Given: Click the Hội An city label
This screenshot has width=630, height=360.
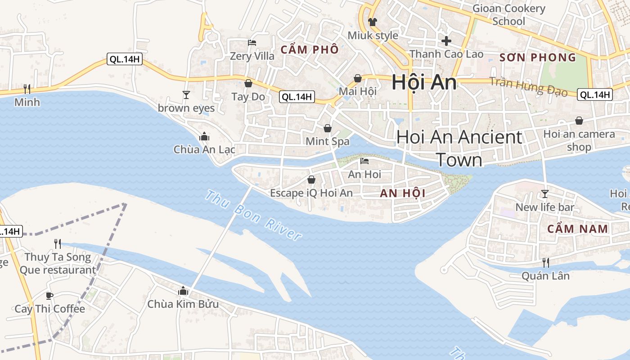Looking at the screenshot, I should click(424, 82).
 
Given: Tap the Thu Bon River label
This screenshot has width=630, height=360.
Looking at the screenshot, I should click(253, 216).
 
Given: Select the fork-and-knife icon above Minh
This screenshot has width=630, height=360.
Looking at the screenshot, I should click(27, 88).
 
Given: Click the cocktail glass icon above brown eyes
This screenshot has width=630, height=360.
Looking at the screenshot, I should click(186, 94).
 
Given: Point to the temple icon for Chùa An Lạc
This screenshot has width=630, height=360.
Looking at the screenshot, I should click(204, 136).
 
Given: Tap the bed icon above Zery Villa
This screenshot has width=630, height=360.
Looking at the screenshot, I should click(252, 43).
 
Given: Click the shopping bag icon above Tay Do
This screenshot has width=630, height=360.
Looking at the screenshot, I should click(248, 83).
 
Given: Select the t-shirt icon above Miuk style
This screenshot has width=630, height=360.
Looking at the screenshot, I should click(373, 22).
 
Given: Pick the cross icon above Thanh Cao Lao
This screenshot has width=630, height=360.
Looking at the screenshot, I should click(446, 41).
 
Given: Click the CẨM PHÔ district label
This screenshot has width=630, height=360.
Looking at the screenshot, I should click(309, 49).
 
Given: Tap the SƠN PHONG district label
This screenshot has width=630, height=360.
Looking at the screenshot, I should click(538, 57).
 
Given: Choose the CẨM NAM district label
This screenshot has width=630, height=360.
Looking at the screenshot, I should click(577, 229).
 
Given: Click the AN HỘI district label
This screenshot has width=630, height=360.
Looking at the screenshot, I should click(402, 193).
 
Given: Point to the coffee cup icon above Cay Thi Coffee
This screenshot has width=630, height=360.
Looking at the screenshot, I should click(49, 296).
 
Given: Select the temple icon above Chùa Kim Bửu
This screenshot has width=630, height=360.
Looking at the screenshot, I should click(183, 291).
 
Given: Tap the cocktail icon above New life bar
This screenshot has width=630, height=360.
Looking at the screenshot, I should click(545, 194).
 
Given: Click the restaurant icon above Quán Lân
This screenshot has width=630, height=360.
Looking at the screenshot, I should click(545, 262).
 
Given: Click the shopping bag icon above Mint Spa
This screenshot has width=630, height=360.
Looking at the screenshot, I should click(328, 128).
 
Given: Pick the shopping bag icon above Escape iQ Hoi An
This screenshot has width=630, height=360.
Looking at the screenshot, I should click(311, 180).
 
